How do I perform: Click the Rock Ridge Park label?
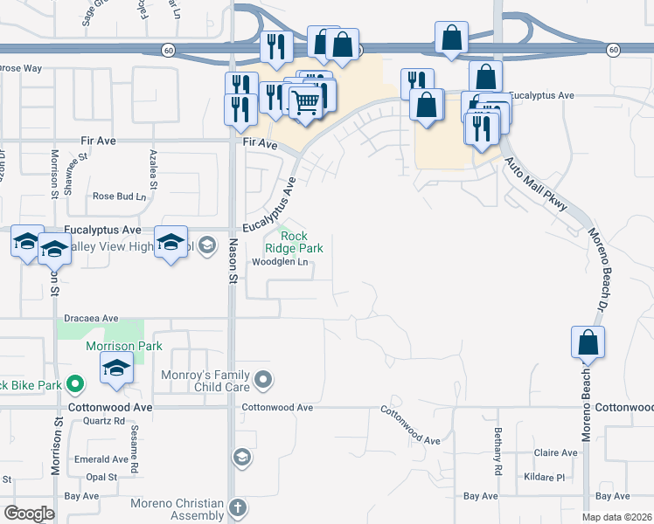pos(302,242)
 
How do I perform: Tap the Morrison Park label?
pos(113,347)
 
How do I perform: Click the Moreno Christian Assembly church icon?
pos(238,507)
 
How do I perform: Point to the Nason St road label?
pos(233,261)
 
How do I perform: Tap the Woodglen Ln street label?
pos(281,262)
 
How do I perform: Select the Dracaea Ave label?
pos(91,318)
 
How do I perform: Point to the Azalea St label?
pos(153,169)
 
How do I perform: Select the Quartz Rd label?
pos(101,420)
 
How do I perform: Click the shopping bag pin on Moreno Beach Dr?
pos(588,343)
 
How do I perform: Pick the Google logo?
pos(30,514)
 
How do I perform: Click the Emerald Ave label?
pos(101,459)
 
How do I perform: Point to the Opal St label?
pos(101,477)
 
